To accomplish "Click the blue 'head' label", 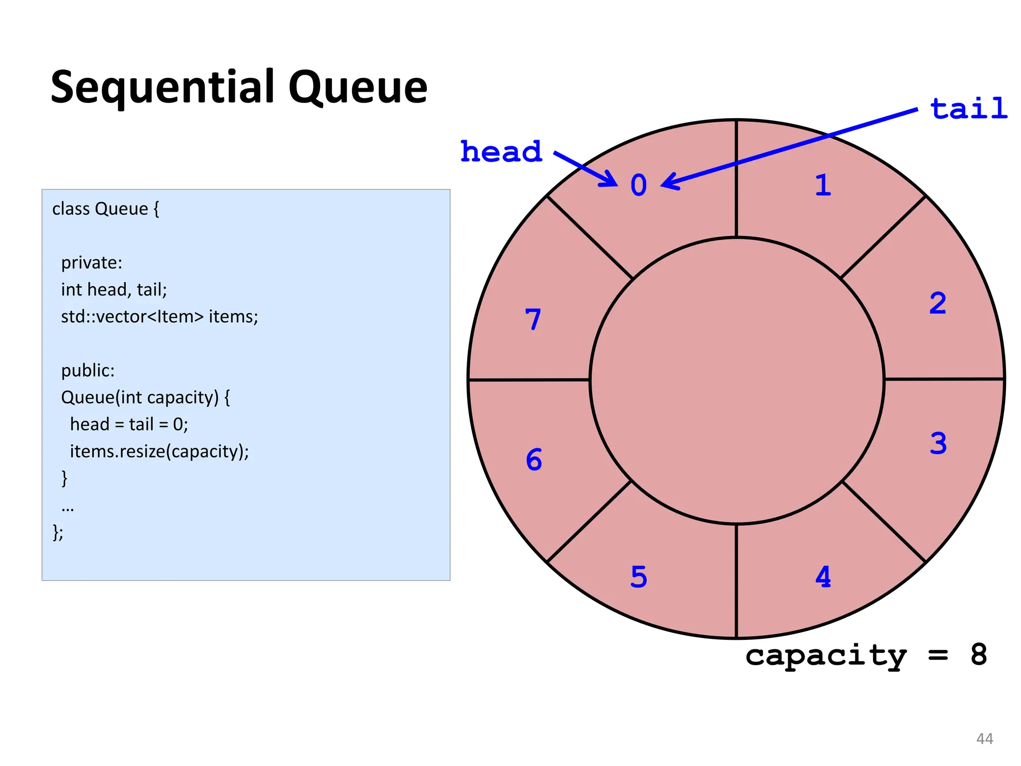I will point(501,152).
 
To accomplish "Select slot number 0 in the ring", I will point(639,186).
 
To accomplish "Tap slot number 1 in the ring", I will point(823,186).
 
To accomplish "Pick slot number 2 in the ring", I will point(938,303).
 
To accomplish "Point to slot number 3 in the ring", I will point(938,443).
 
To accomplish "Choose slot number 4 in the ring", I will point(823,577).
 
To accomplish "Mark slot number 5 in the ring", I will point(639,577).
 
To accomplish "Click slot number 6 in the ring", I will point(534,459).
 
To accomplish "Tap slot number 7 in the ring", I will point(533,319).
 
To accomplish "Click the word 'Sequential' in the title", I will point(163,88).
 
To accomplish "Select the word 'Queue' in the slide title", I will point(357,88).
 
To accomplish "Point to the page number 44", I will point(985,739).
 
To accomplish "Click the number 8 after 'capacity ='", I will point(979,654).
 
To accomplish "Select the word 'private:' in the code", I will point(92,263).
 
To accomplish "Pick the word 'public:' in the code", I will point(88,371).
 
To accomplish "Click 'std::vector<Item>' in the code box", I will point(132,317).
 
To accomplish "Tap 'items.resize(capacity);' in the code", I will point(159,451).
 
